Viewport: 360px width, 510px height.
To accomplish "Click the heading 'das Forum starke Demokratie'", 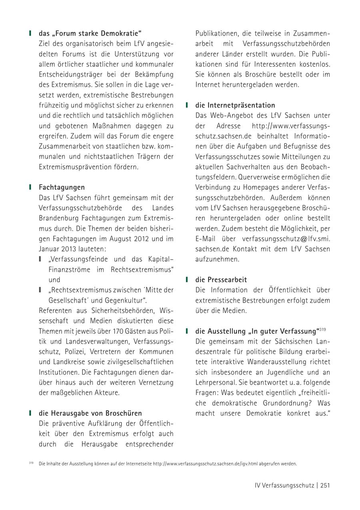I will pyautogui.click(x=90, y=33).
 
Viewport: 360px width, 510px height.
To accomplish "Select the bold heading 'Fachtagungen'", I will pyautogui.click(x=62, y=187).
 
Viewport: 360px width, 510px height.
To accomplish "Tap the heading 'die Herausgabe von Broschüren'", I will pyautogui.click(x=90, y=413).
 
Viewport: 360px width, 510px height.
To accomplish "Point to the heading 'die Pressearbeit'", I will pyautogui.click(x=221, y=279).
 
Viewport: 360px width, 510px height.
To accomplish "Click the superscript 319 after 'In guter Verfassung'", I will pyautogui.click(x=323, y=329).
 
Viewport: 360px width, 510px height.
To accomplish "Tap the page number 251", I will pyautogui.click(x=325, y=485).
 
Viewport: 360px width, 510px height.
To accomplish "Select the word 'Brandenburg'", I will pyautogui.click(x=58, y=218).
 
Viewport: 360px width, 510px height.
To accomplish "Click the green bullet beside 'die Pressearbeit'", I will pyautogui.click(x=187, y=279).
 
